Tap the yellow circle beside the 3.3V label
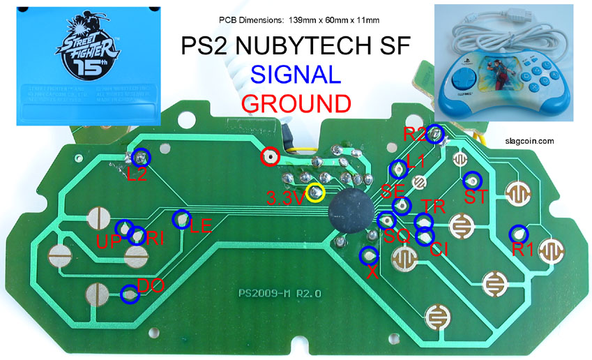coord(316,191)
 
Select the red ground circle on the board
coord(269,157)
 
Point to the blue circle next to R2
coord(435,134)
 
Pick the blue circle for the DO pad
coord(129,294)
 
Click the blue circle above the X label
coord(368,255)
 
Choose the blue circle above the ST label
coord(473,179)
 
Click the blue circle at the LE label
coord(181,219)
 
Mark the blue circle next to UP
coord(124,228)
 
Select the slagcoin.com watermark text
coord(531,140)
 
